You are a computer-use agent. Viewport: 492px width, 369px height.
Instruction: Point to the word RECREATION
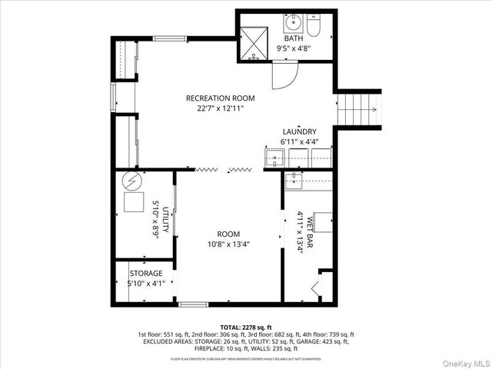tap(208, 98)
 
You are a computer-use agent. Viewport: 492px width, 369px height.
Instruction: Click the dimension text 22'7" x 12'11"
tap(220, 108)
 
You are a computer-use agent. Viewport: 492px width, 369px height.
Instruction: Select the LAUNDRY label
tap(299, 131)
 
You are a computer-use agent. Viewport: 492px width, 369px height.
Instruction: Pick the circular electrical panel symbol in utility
tap(132, 183)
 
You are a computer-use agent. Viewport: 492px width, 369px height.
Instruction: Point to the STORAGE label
tap(145, 274)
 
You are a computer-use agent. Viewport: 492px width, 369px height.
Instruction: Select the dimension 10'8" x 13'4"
tap(228, 244)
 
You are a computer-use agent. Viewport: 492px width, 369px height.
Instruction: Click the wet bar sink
tap(293, 181)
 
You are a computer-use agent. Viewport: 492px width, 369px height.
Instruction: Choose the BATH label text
tap(294, 38)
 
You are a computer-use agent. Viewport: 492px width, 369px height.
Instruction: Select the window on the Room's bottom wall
tap(193, 304)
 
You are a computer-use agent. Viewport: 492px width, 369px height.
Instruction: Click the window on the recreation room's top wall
tap(167, 38)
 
